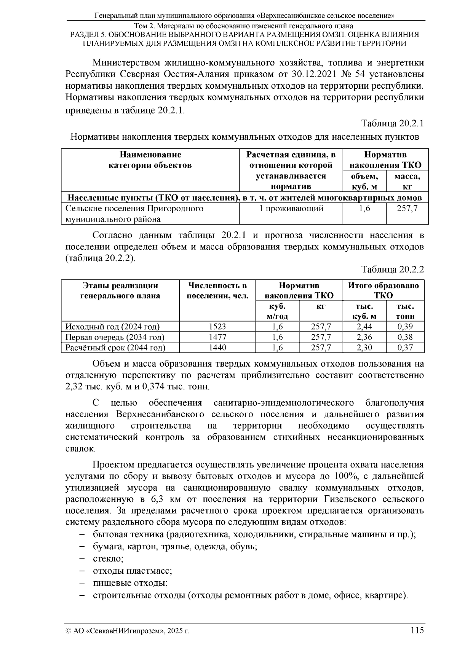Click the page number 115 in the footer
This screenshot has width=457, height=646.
(x=417, y=630)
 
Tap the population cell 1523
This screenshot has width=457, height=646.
(x=217, y=327)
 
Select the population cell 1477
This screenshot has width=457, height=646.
(x=217, y=337)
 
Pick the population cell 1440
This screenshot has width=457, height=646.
(x=217, y=347)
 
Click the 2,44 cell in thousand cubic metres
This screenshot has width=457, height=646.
(x=364, y=327)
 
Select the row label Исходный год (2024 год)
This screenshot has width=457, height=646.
(x=113, y=327)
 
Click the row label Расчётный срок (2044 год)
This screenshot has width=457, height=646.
(x=115, y=347)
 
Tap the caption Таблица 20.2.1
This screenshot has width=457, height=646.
(x=392, y=124)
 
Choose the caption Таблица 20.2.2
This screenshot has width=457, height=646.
(x=392, y=270)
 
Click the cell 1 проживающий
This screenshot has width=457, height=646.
(x=291, y=209)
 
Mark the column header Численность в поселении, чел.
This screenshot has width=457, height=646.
(x=217, y=290)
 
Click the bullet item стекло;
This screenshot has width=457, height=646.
(x=108, y=559)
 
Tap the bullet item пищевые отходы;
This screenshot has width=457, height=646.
(x=130, y=583)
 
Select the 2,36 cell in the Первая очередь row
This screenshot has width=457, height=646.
(x=364, y=337)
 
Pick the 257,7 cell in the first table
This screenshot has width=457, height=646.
(x=407, y=209)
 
